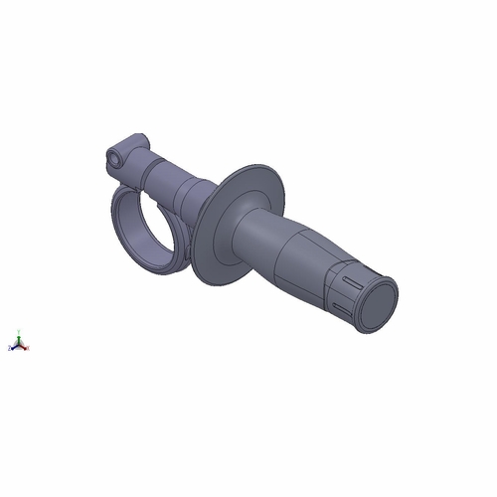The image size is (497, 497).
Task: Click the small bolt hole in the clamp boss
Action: pos(116,156)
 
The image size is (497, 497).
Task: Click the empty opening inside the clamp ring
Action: pos(147,224)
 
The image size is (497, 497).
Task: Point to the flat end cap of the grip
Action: pos(377,302)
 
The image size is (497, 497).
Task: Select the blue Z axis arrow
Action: pos(14,348)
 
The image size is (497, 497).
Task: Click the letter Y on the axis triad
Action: pos(19,331)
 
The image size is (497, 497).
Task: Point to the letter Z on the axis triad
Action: pos(9,348)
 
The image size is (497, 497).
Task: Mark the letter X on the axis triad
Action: pos(28,348)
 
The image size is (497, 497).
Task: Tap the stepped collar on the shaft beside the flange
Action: pos(199,194)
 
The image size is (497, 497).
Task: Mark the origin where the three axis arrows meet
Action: pos(19,345)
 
